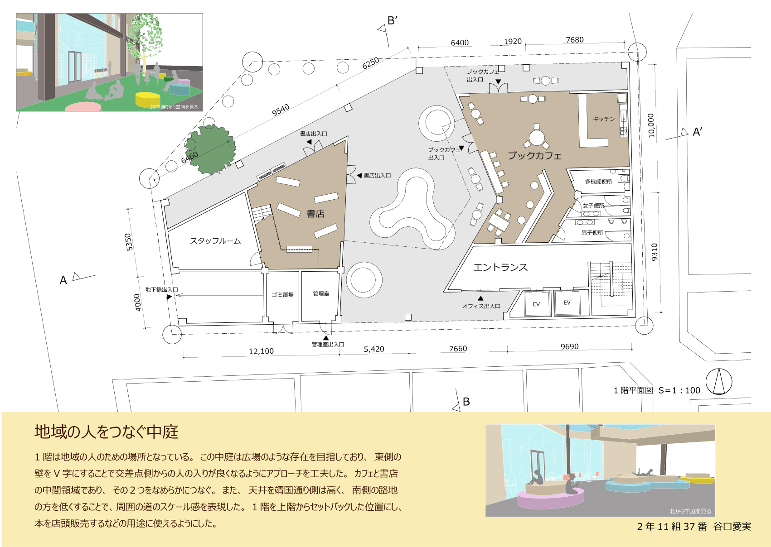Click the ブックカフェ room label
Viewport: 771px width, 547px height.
534,155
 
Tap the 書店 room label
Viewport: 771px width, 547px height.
315,214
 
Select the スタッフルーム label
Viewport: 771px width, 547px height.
215,240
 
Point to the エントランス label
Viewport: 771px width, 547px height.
500,267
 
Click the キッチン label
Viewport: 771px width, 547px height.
604,119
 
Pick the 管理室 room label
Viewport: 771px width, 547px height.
321,293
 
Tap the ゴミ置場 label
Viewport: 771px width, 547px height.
282,295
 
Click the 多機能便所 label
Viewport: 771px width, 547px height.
599,181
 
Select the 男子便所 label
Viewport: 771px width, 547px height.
592,232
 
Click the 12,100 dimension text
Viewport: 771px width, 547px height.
261,351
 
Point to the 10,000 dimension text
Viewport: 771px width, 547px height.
651,125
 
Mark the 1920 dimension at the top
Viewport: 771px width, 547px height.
513,41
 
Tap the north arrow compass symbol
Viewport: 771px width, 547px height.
719,381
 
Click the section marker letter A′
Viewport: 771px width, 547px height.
697,132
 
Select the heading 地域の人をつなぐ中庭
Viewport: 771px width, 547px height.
107,432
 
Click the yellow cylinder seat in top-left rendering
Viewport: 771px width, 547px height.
148,99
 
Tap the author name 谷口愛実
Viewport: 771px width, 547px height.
732,526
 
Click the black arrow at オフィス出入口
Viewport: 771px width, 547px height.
480,298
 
